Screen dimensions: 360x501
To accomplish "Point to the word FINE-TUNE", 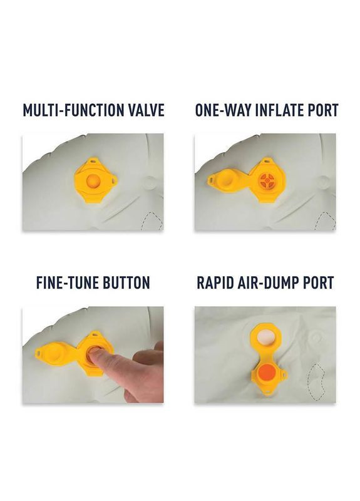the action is tap(68, 283).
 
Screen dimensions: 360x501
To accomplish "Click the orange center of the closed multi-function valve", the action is tap(93, 181).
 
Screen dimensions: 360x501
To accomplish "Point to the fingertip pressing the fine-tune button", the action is tap(93, 351).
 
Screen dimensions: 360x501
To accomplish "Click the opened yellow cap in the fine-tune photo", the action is tap(55, 353).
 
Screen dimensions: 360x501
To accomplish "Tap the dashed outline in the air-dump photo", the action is tap(317, 382).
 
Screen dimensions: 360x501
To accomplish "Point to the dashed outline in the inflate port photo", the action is tap(325, 221).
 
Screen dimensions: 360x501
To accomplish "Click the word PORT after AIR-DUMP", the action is tap(318, 283).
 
